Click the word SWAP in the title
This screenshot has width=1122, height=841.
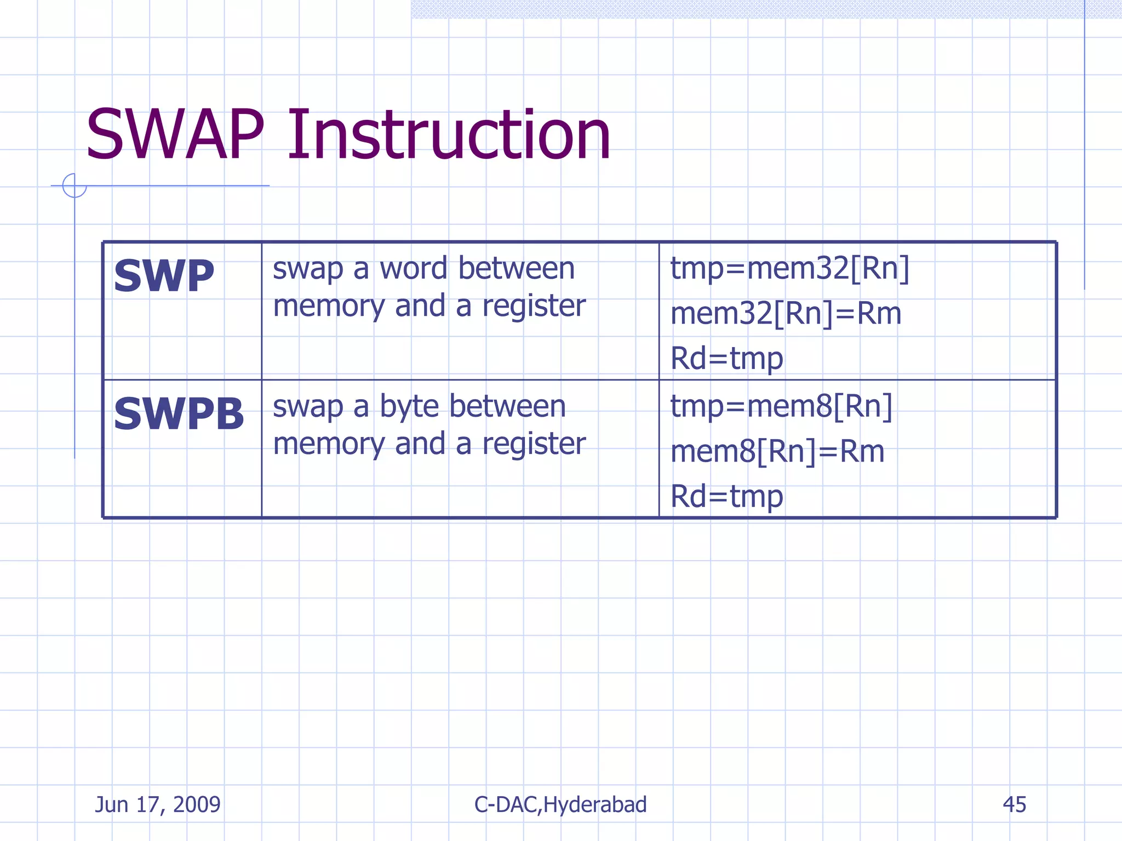175,135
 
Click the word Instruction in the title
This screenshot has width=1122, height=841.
448,135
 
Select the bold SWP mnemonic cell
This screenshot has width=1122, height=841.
164,276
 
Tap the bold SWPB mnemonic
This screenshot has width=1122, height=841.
179,414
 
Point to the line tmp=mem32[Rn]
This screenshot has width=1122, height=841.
789,268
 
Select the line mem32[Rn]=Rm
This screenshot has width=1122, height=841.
786,314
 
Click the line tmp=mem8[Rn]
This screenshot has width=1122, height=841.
781,407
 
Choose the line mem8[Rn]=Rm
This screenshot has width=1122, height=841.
777,452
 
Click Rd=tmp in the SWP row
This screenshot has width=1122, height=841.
726,359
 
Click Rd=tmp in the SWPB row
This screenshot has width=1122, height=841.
726,497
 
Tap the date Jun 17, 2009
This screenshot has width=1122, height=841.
158,804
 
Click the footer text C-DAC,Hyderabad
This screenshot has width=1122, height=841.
560,804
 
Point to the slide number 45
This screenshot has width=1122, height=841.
1014,804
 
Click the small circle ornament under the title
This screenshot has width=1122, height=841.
75,186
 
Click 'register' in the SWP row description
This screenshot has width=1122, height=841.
534,306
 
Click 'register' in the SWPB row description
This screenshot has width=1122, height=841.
534,443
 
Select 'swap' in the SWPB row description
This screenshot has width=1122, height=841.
307,407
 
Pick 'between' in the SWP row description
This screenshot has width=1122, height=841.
516,268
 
